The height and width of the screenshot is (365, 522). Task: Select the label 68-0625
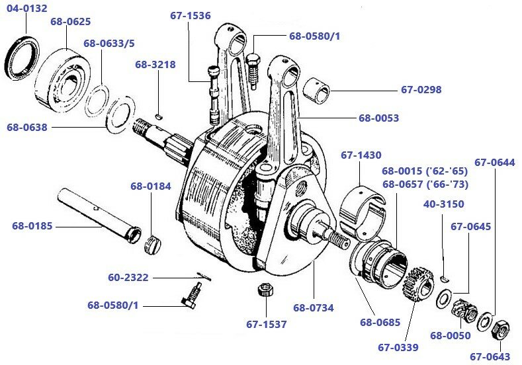tap(70, 22)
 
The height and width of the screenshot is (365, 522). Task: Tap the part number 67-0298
tap(421, 89)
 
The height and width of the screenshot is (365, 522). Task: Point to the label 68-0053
tap(378, 118)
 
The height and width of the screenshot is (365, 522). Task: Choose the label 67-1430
tap(361, 155)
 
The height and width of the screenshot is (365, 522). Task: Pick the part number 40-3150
tap(443, 204)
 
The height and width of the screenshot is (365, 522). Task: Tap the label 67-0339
tap(398, 346)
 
